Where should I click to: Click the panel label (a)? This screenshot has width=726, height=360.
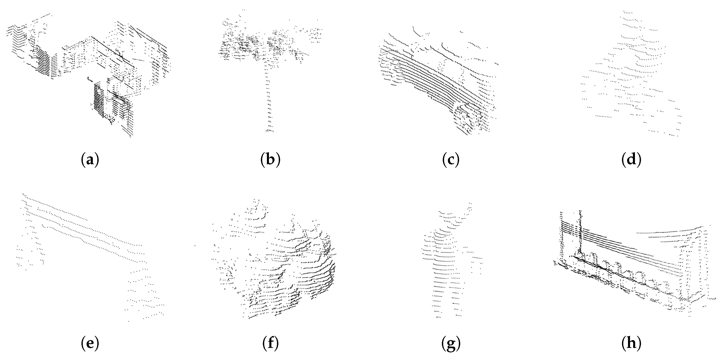pos(90,160)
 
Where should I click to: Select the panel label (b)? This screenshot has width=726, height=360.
pos(270,160)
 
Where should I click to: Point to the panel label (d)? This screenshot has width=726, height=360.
pos(631,160)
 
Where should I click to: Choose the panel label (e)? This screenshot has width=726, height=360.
pos(90,343)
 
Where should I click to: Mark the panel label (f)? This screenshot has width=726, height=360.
pos(270,343)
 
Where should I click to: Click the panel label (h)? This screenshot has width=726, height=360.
pos(631,343)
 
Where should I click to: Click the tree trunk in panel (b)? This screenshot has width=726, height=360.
pos(268,96)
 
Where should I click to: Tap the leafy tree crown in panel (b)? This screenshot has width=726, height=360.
pos(254,45)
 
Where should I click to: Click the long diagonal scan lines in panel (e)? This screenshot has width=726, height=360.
pos(85,226)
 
